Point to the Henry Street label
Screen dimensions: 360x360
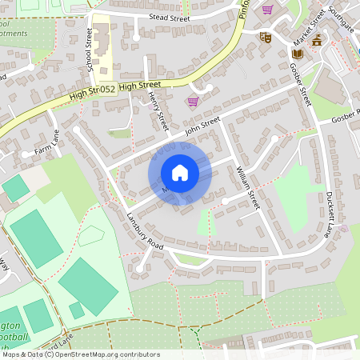pyautogui.click(x=156, y=110)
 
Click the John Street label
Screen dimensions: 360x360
pyautogui.click(x=202, y=126)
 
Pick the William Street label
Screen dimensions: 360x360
pyautogui.click(x=249, y=187)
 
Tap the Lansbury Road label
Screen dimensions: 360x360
pyautogui.click(x=145, y=232)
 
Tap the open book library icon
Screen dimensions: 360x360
pyautogui.click(x=297, y=54)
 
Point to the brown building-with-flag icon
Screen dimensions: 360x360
pyautogui.click(x=318, y=41)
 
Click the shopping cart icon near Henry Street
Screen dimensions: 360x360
pyautogui.click(x=192, y=102)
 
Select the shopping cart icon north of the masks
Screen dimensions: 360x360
pyautogui.click(x=267, y=10)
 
